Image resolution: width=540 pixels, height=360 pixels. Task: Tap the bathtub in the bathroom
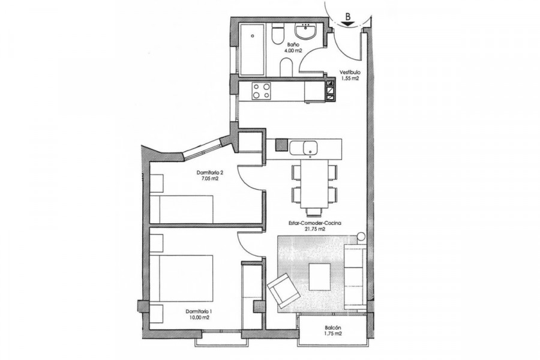(253, 49)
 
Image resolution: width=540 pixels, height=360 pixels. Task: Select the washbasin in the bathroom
(305, 31)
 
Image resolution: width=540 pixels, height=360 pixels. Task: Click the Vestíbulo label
(350, 73)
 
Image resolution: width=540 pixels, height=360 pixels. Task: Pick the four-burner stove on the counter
(261, 91)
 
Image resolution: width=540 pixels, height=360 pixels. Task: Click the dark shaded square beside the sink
(281, 145)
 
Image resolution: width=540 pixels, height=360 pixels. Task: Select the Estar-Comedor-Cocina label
(314, 223)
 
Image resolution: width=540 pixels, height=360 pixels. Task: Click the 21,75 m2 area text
(314, 229)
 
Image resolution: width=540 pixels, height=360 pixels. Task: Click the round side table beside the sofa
(361, 236)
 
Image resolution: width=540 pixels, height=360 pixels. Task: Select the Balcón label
(332, 328)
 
